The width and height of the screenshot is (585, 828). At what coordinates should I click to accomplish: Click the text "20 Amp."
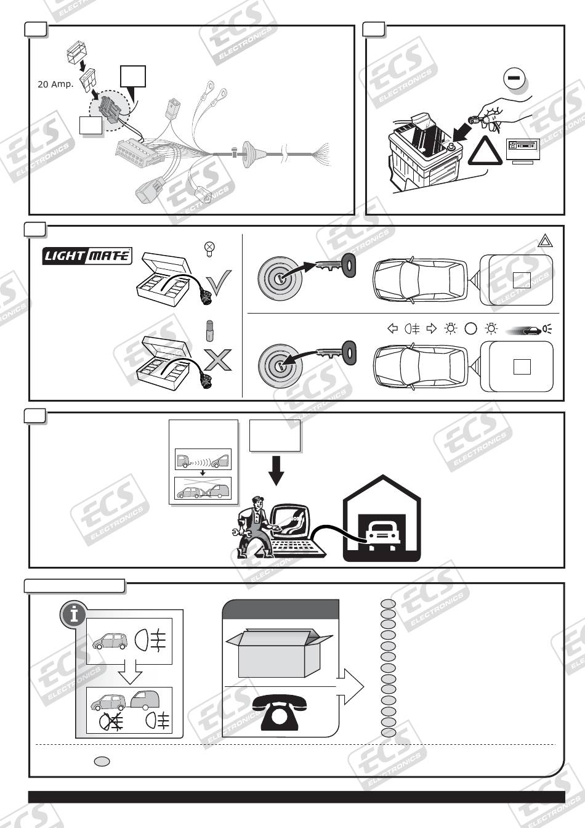55,84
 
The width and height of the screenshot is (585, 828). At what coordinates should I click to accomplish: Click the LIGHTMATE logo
87,255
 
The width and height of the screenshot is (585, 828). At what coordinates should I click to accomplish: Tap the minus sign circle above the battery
513,79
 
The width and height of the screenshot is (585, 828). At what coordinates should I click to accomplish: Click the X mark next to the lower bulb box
218,359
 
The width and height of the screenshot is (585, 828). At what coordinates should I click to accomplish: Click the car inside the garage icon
382,531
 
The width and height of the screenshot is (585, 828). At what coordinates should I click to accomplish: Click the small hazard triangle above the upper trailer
545,241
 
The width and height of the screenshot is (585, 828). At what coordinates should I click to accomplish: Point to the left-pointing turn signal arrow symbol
392,328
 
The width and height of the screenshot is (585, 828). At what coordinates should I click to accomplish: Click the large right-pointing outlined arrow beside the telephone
351,686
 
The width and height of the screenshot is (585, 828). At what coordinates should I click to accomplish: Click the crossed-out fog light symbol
111,720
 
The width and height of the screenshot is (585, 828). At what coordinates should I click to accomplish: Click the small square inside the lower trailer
522,367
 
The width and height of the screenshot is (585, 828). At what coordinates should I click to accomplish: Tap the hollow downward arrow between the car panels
129,673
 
